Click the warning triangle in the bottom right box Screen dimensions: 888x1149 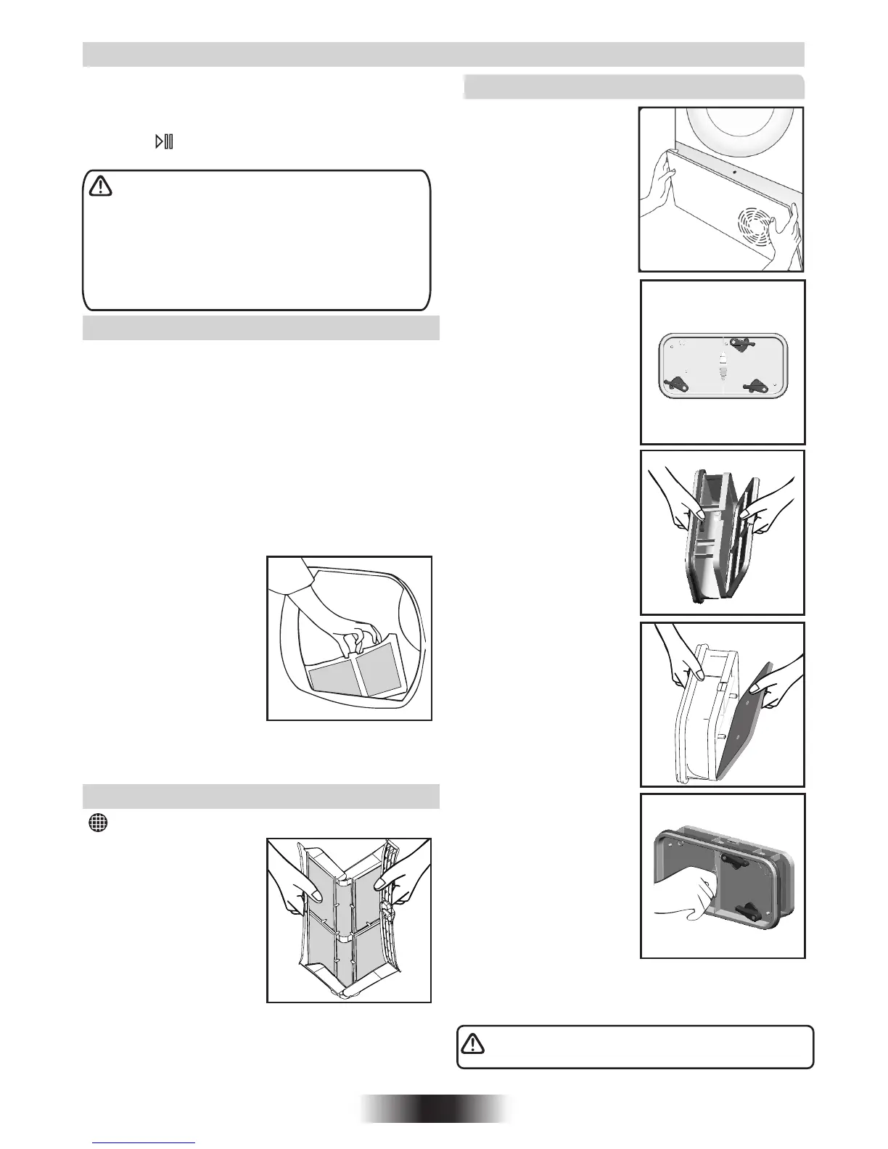point(473,1043)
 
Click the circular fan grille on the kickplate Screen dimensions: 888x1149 point(760,229)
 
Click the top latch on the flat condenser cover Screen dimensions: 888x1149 point(740,345)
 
